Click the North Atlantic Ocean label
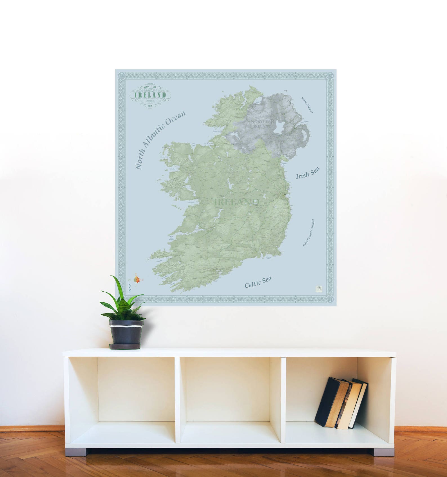160,140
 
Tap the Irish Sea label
307,173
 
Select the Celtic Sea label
258,282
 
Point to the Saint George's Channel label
308,233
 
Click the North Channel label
307,105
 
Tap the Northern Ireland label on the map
262,124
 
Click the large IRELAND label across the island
237,202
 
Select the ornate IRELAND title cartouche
150,96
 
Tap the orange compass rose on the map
137,279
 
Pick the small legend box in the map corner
319,289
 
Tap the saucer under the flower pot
125,346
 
